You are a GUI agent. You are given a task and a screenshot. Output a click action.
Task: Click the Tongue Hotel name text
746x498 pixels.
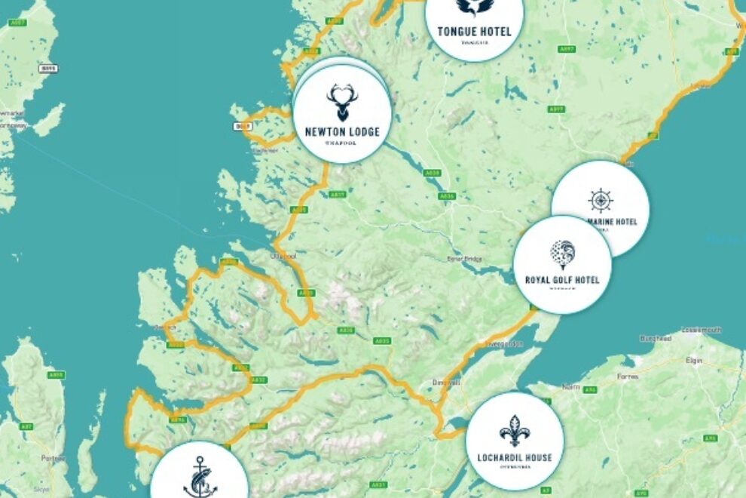pyautogui.click(x=474, y=32)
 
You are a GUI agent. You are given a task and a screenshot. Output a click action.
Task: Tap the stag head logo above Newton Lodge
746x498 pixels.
pyautogui.click(x=341, y=102)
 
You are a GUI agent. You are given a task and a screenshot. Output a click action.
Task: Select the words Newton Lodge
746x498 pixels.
pyautogui.click(x=342, y=132)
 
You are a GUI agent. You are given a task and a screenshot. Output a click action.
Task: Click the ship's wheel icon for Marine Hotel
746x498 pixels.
pyautogui.click(x=601, y=201)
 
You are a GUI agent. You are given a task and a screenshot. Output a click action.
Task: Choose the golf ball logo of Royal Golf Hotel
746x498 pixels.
pyautogui.click(x=562, y=254)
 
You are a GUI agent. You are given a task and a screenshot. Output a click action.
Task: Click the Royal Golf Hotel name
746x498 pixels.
pyautogui.click(x=562, y=281)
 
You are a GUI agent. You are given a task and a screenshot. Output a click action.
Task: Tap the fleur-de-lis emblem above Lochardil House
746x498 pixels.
pyautogui.click(x=515, y=431)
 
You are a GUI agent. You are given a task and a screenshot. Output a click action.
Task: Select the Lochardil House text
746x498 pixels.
pyautogui.click(x=515, y=457)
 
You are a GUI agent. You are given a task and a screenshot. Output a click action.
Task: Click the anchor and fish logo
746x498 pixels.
pyautogui.click(x=200, y=477)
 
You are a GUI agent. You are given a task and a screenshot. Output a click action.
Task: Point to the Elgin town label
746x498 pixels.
pyautogui.click(x=694, y=361)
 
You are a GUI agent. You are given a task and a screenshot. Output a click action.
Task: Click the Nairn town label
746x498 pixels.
pyautogui.click(x=570, y=386)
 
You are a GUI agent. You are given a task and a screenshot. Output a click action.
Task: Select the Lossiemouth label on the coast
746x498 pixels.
pyautogui.click(x=701, y=330)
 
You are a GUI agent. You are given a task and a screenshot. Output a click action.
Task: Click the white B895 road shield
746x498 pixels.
pyautogui.click(x=48, y=68)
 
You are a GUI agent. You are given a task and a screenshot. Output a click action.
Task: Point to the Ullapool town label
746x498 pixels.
pyautogui.click(x=286, y=257)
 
